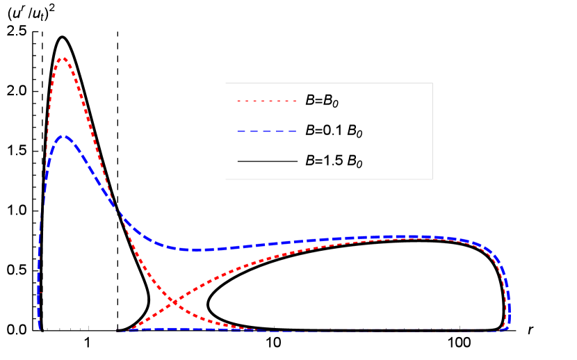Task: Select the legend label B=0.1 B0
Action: click(x=334, y=131)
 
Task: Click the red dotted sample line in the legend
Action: click(x=267, y=101)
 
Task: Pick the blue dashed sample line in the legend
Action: click(x=267, y=131)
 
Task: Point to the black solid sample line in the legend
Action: click(x=267, y=161)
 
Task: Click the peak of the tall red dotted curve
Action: click(x=63, y=58)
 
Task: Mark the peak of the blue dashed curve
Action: click(x=63, y=136)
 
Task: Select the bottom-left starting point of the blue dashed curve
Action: click(x=40, y=327)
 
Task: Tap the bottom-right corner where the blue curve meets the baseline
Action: click(x=506, y=329)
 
